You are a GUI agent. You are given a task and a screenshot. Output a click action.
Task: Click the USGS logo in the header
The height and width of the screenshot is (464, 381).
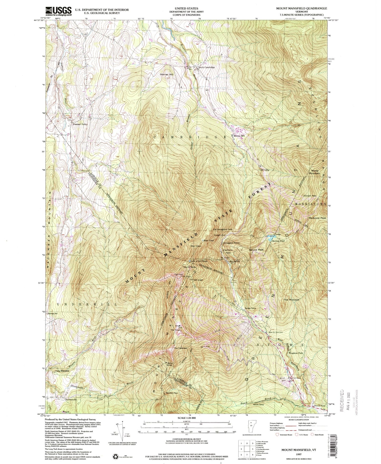(59, 11)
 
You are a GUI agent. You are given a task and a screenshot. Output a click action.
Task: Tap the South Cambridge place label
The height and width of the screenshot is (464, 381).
(207, 67)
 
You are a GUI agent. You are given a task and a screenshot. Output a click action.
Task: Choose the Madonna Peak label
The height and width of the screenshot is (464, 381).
(318, 218)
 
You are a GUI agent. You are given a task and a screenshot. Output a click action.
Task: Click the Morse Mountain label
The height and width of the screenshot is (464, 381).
(315, 172)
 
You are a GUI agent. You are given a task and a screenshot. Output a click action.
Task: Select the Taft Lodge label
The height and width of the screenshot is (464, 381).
(197, 280)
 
